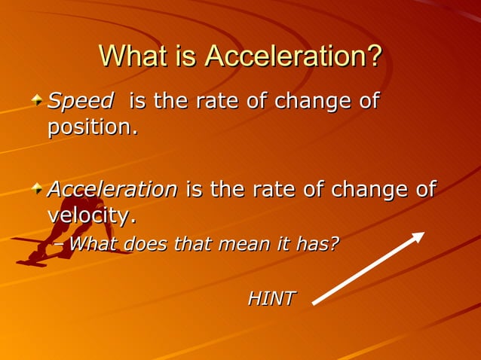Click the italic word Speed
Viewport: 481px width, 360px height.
pyautogui.click(x=81, y=100)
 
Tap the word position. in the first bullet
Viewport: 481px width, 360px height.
pyautogui.click(x=93, y=127)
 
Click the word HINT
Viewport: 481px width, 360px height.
pyautogui.click(x=271, y=298)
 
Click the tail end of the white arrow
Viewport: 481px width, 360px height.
pyautogui.click(x=315, y=302)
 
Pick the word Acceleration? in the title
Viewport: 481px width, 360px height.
pyautogui.click(x=293, y=56)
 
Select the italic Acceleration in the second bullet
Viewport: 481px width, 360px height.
pyautogui.click(x=112, y=189)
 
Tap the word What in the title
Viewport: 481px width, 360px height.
pyautogui.click(x=136, y=56)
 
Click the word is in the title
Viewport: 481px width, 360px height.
pyautogui.click(x=188, y=56)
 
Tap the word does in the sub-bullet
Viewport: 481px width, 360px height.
pyautogui.click(x=146, y=244)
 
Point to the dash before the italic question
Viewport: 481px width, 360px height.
pyautogui.click(x=61, y=245)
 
